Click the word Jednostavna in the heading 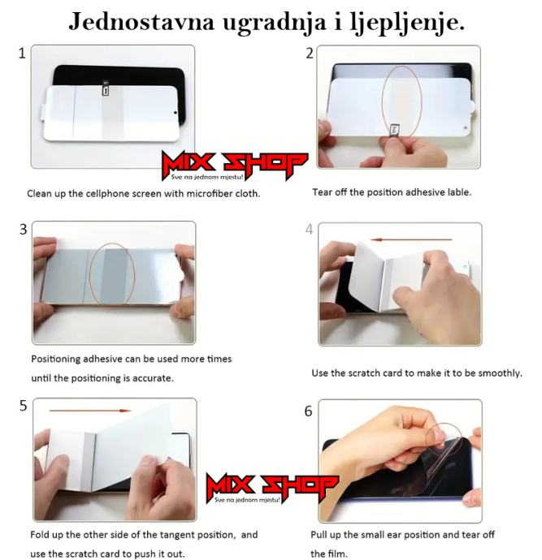tap(141, 22)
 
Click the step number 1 tap(22, 54)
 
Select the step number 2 tap(310, 54)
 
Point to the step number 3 tap(24, 230)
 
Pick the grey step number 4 tap(310, 230)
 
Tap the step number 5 tap(24, 406)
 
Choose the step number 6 tap(308, 411)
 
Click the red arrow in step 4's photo tap(411, 239)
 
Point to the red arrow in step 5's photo tap(89, 411)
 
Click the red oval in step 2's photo tap(381, 102)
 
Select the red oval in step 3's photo tap(89, 275)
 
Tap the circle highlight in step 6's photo tap(427, 439)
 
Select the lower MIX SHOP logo tap(271, 488)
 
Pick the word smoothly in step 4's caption tap(501, 373)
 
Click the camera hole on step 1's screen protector tap(176, 113)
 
